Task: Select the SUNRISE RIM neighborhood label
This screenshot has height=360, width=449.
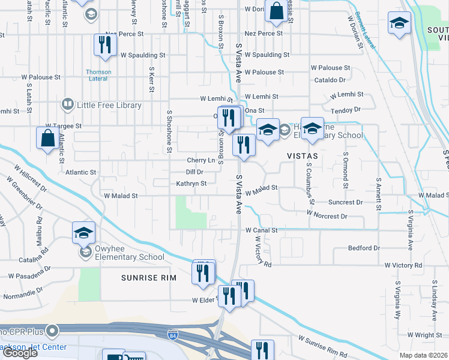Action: click(148, 278)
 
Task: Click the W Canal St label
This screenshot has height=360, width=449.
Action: click(261, 230)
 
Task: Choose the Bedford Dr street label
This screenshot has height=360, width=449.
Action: click(364, 248)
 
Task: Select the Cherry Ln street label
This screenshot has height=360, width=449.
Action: click(200, 160)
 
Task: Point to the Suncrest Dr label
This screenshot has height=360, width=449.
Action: click(346, 202)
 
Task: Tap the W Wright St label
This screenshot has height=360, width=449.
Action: click(424, 335)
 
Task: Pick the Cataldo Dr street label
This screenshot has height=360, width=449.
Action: click(330, 79)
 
